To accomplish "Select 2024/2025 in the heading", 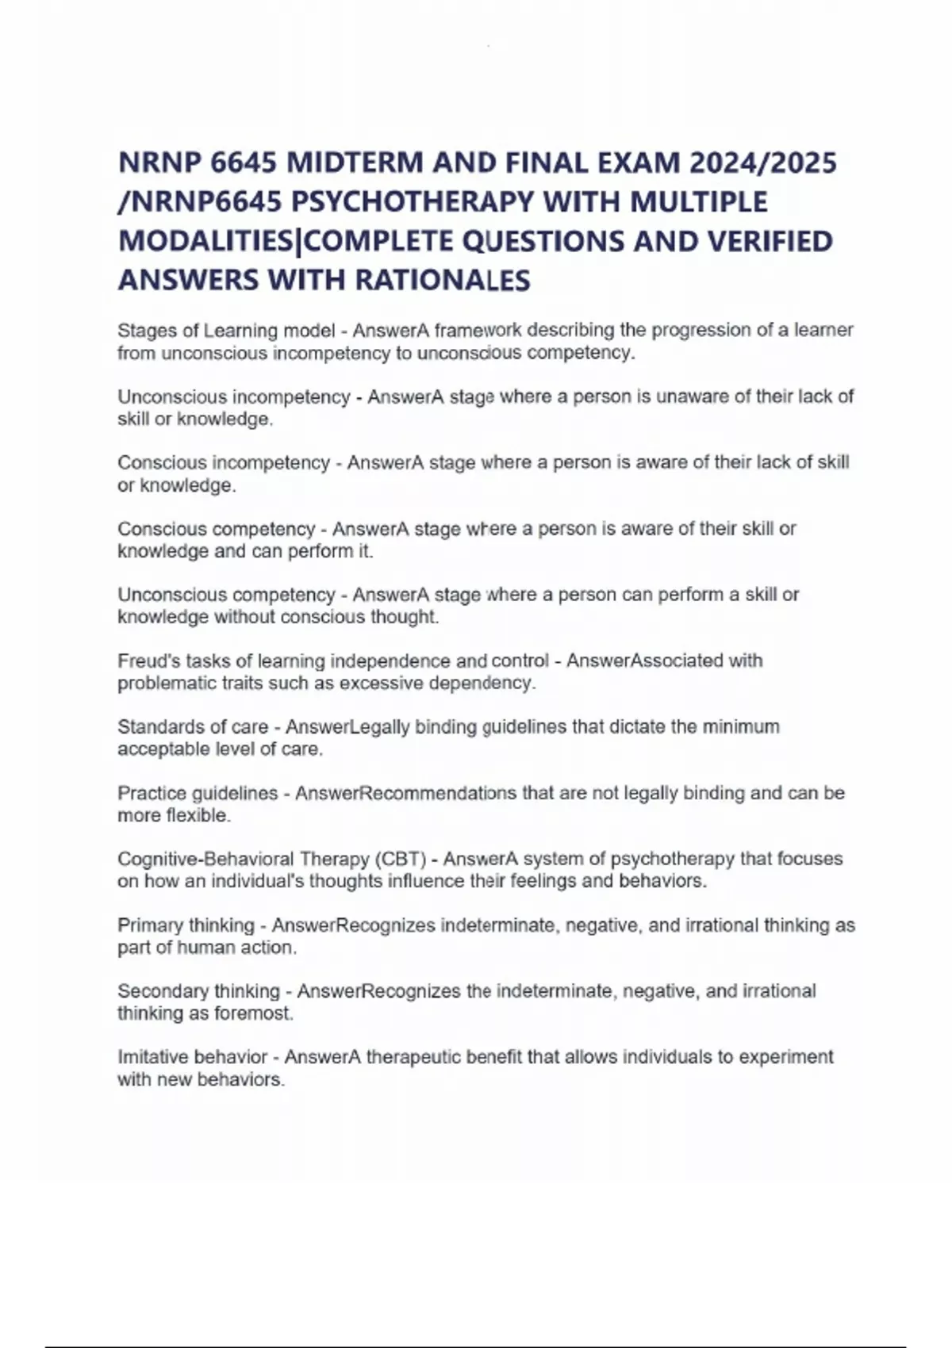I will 763,163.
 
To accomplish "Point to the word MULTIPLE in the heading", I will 698,202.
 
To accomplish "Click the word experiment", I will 782,1057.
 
